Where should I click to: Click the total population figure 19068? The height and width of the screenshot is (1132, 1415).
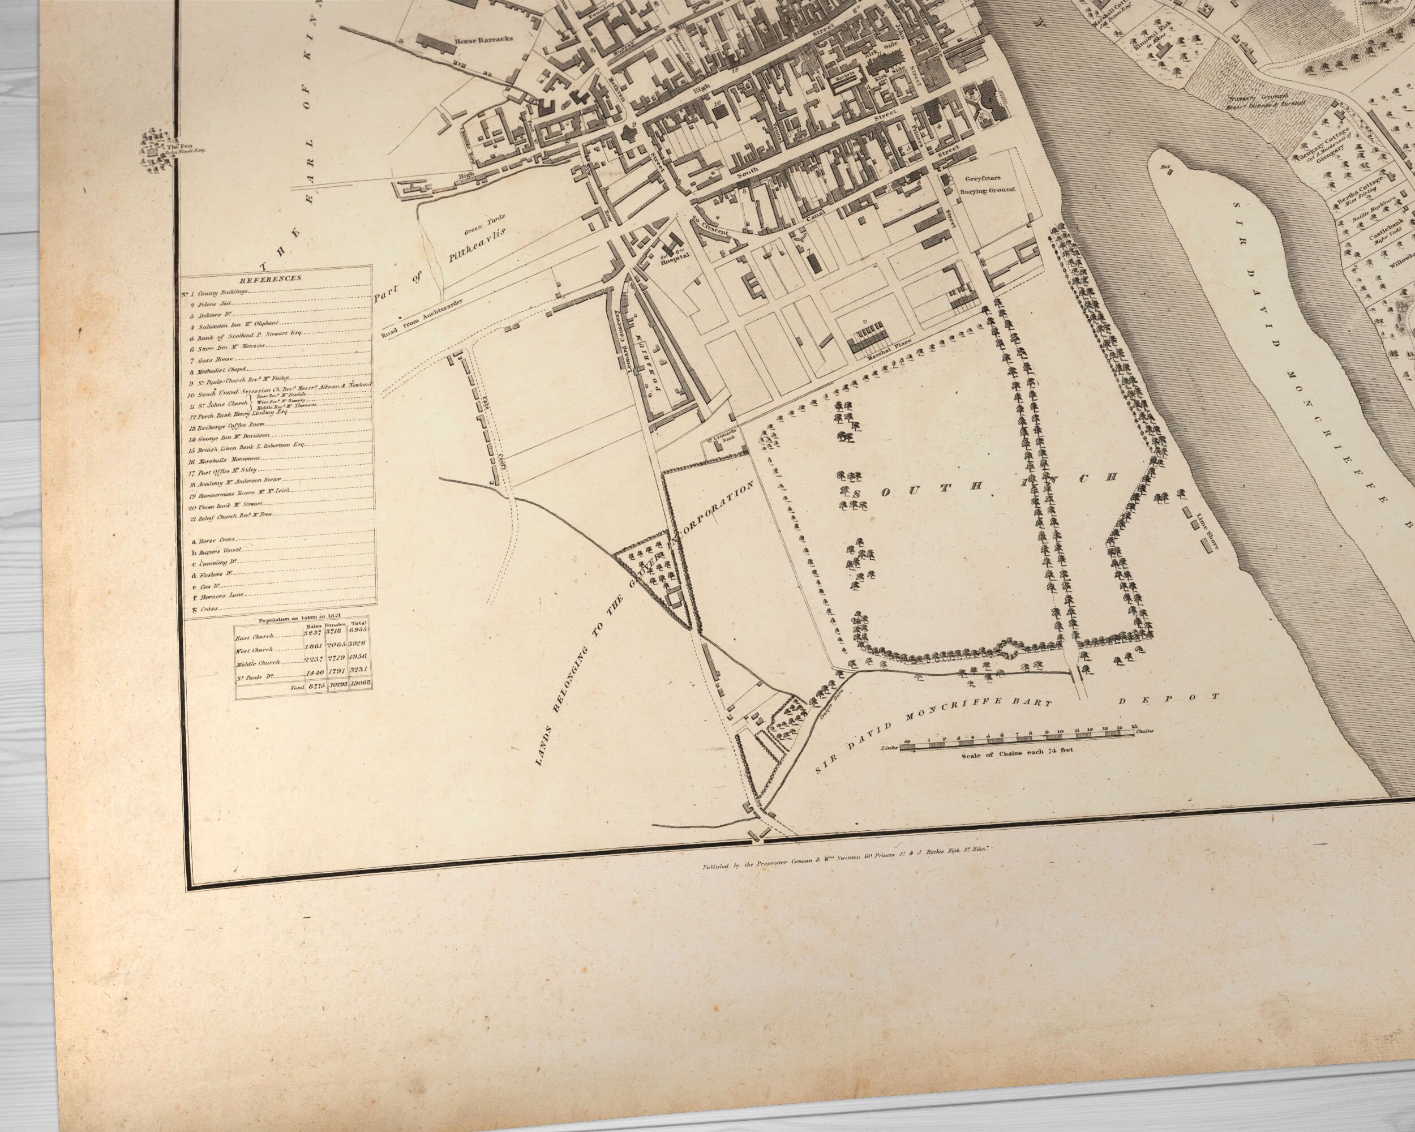point(361,683)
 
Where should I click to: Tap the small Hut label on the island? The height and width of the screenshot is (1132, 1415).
point(1167,168)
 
